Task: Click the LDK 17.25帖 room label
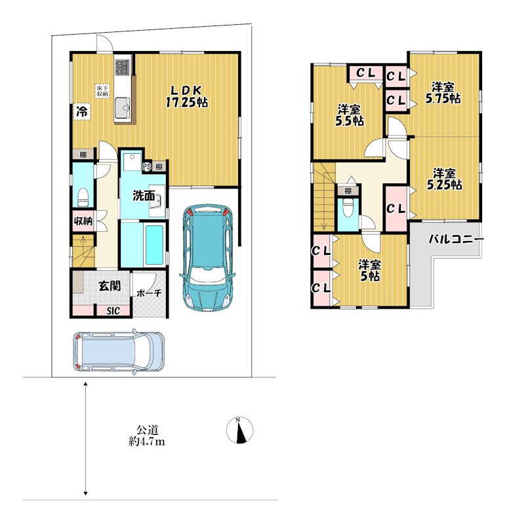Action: pyautogui.click(x=187, y=96)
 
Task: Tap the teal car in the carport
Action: pyautogui.click(x=207, y=258)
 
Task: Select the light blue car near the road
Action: pyautogui.click(x=119, y=351)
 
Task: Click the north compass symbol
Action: pyautogui.click(x=239, y=430)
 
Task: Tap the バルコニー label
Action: pyautogui.click(x=456, y=239)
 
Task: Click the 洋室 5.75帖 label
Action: pyautogui.click(x=443, y=93)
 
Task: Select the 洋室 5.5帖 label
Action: pyautogui.click(x=349, y=115)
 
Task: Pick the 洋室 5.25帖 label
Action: pyautogui.click(x=444, y=179)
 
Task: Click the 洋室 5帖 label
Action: pyautogui.click(x=369, y=271)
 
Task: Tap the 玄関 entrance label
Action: pyautogui.click(x=110, y=286)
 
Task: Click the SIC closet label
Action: pyautogui.click(x=113, y=310)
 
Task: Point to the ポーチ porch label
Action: pyautogui.click(x=150, y=293)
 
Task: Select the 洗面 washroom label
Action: pyautogui.click(x=144, y=196)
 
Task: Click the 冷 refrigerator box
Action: pyautogui.click(x=81, y=111)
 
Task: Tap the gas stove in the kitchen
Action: pyautogui.click(x=122, y=67)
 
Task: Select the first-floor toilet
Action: pyautogui.click(x=83, y=197)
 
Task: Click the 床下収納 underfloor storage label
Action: pyautogui.click(x=101, y=91)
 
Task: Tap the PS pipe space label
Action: pyautogui.click(x=146, y=166)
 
